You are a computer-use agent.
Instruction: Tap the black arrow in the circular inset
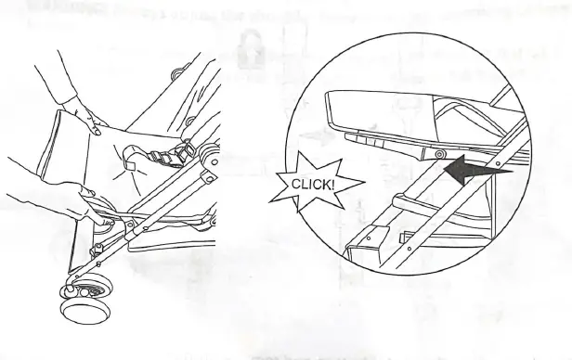pos(477,170)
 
